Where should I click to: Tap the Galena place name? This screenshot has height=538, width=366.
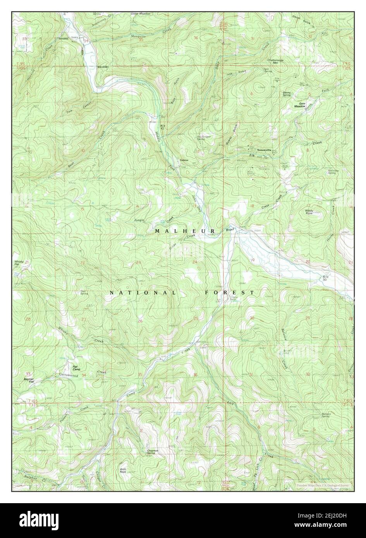184,160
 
